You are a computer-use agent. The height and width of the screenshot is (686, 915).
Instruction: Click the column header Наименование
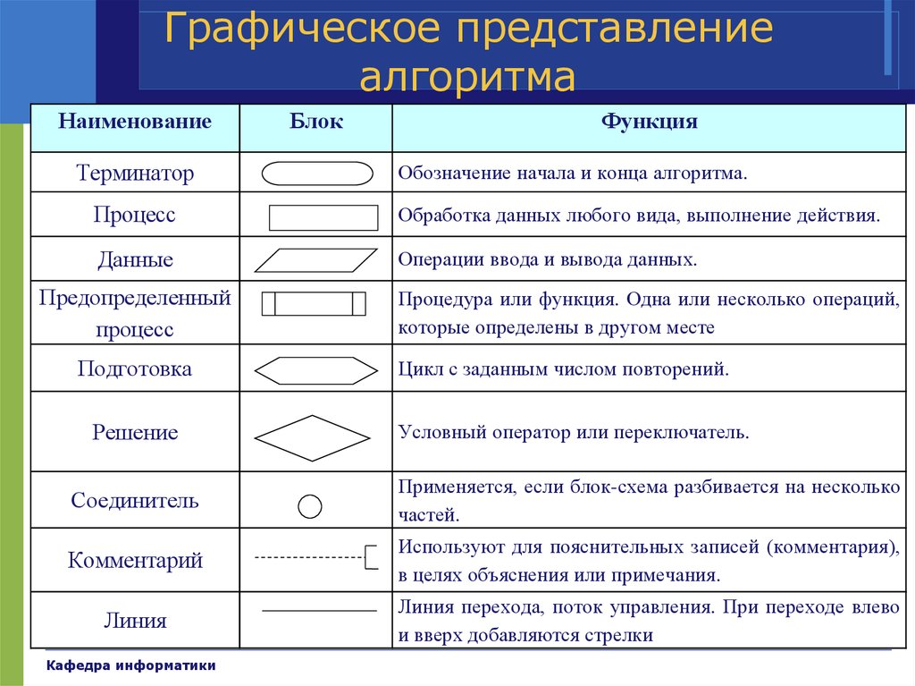point(135,121)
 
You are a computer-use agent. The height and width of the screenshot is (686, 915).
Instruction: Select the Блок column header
point(316,121)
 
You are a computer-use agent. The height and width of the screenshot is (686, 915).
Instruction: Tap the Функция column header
point(650,122)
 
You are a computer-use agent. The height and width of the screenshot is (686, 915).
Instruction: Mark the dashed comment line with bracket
point(315,557)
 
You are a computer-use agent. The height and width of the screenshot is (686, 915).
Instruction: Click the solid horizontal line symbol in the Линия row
point(319,611)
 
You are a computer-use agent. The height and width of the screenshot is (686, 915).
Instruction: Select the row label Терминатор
point(135,173)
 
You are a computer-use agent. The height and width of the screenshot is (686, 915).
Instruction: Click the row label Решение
point(135,432)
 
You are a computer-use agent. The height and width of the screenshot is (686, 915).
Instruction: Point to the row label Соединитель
point(135,501)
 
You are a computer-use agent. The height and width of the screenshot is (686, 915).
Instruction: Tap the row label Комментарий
point(135,561)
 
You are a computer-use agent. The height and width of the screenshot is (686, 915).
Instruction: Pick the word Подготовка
point(135,368)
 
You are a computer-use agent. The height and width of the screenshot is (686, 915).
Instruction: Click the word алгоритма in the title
point(467,76)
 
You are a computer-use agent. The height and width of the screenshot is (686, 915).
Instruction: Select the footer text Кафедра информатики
point(130,665)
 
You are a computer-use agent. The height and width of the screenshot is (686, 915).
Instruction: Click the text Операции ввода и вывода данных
point(548,259)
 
